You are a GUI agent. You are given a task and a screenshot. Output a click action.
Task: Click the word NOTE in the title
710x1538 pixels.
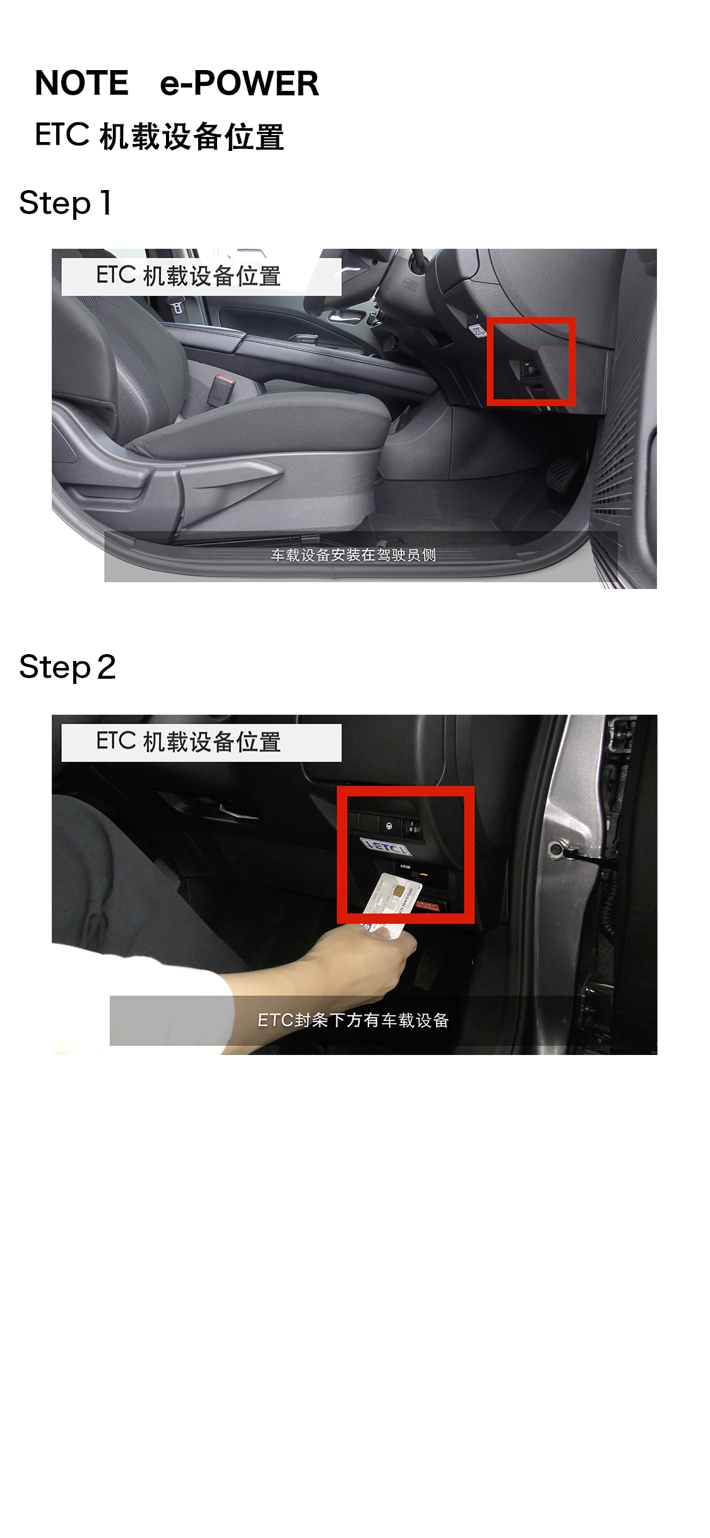(x=81, y=83)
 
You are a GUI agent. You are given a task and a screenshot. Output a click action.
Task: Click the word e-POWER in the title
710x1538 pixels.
(x=239, y=83)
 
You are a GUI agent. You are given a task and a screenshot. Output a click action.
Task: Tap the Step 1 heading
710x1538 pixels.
(x=66, y=203)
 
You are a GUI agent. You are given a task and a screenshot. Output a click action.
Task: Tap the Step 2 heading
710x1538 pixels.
(x=68, y=667)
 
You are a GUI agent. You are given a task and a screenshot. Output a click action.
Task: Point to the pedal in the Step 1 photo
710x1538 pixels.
(x=559, y=475)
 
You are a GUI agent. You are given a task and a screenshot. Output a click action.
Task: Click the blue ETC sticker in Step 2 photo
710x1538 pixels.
(x=386, y=846)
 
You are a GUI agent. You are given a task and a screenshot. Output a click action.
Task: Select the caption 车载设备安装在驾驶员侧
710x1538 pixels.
(x=353, y=555)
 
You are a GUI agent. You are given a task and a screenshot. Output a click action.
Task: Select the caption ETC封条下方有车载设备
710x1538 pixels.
(x=353, y=1020)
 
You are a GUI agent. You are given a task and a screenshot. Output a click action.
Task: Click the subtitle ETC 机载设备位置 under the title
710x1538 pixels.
(x=159, y=136)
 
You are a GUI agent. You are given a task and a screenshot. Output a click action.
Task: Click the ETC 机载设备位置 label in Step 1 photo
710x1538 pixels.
(x=188, y=276)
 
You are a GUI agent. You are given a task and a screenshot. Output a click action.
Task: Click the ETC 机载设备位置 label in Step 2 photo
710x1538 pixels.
(x=188, y=742)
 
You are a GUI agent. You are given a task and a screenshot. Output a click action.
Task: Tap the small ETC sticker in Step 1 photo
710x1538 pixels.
(x=478, y=330)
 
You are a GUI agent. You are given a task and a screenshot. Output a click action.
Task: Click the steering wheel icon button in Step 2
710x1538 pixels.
(x=389, y=826)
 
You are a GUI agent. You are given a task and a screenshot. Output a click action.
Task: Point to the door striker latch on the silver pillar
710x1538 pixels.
(x=559, y=849)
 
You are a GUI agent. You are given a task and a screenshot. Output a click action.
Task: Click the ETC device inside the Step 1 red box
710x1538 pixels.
(x=529, y=369)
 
